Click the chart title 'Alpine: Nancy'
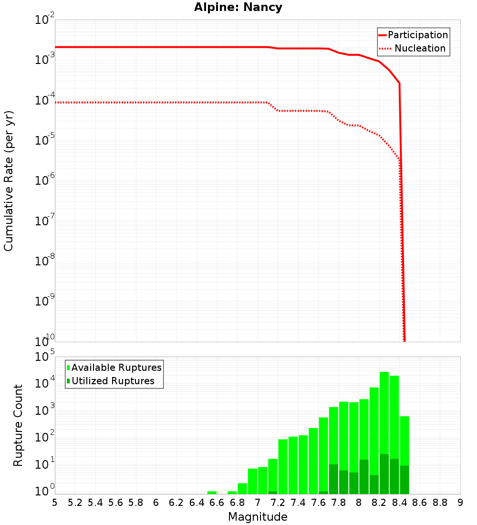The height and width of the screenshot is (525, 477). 238,7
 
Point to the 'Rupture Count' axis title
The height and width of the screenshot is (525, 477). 18,425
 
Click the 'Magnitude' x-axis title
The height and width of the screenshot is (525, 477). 258,516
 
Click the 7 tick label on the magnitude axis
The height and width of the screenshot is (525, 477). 258,502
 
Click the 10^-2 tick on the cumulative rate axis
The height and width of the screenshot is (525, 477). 45,21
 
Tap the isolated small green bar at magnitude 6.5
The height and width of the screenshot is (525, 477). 212,493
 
